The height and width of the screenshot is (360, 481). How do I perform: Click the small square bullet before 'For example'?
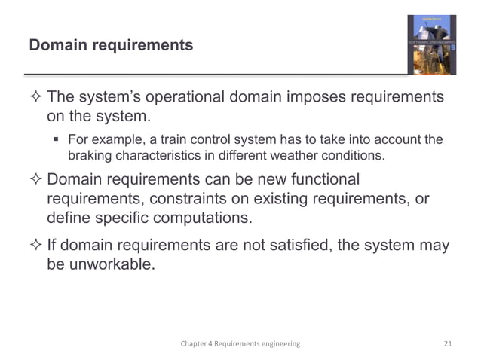[x=57, y=139]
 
